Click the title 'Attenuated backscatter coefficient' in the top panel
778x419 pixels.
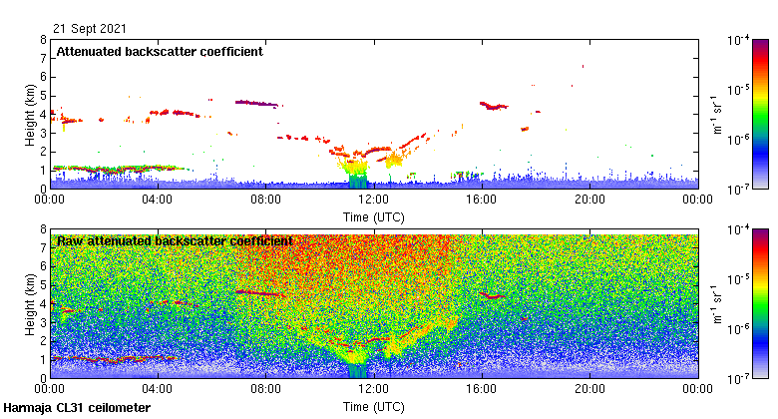point(160,51)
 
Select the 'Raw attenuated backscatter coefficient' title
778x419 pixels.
point(175,240)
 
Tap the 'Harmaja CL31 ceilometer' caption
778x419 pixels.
point(77,408)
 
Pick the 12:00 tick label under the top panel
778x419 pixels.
point(374,200)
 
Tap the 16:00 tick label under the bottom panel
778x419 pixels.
point(482,390)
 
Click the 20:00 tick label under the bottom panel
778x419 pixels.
point(589,390)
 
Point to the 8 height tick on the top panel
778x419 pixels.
point(42,41)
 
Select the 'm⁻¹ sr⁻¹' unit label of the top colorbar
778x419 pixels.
point(717,114)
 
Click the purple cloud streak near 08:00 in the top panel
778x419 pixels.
point(256,103)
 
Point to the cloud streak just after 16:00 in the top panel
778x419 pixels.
point(493,105)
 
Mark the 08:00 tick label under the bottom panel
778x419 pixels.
point(265,390)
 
